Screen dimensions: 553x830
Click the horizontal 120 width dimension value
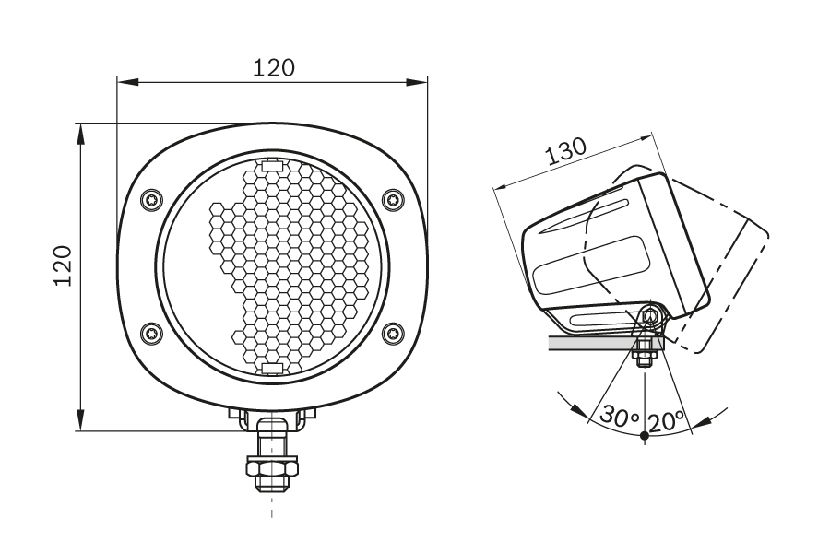(274, 67)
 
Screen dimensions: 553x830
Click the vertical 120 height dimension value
(63, 266)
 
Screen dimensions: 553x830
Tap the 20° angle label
(666, 420)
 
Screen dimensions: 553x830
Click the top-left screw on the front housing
(151, 198)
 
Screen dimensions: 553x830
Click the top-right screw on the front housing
(394, 198)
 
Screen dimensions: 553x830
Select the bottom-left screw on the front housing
(151, 333)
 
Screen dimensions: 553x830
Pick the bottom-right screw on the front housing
(394, 333)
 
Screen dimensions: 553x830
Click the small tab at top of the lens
(272, 166)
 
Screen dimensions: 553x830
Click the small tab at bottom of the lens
(272, 369)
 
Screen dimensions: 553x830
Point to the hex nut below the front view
(272, 469)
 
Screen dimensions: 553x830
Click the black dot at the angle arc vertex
(644, 435)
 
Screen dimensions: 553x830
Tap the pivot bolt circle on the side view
(651, 317)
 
